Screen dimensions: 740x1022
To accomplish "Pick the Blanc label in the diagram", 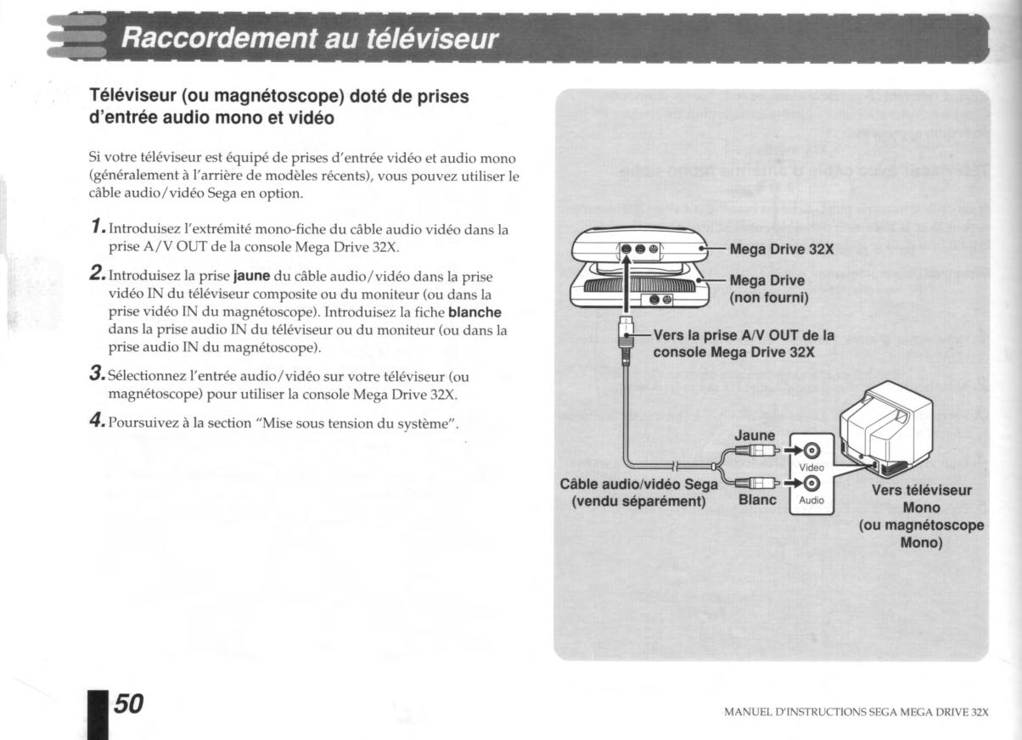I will point(760,500).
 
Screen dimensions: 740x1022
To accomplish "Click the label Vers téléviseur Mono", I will point(920,497).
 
